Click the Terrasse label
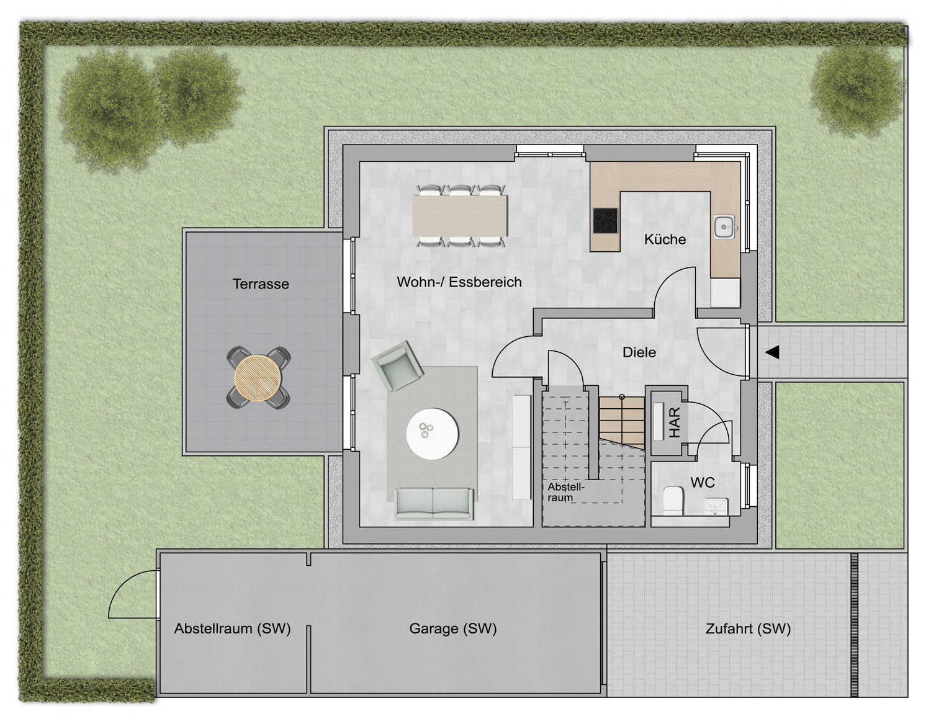261,284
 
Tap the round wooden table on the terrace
258,378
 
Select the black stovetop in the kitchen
605,220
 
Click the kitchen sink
724,226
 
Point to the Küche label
665,239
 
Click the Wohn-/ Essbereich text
459,282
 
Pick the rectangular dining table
460,215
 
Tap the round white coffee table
433,434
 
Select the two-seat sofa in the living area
434,503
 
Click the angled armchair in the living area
397,366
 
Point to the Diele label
639,352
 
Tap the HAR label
675,422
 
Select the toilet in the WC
673,499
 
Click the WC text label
703,483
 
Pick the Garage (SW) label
453,628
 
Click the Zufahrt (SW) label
748,628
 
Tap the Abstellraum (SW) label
232,628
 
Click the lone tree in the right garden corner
856,91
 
